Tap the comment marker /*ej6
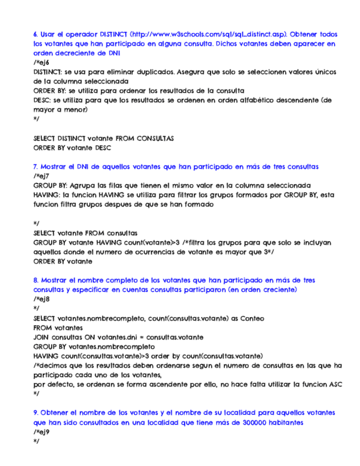[40, 63]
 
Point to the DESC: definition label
[42, 100]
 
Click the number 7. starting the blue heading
[36, 165]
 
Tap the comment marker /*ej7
[40, 175]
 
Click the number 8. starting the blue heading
[36, 280]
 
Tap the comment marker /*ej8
[40, 298]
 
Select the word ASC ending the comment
[335, 384]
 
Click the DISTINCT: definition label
[48, 72]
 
